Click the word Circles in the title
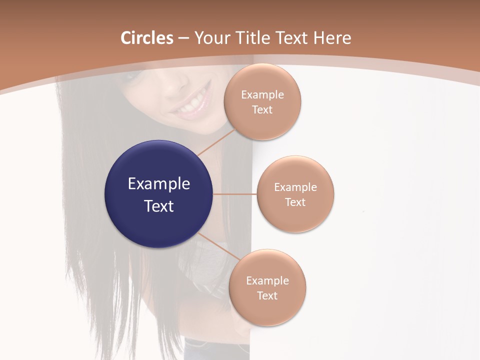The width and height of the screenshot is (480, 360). coord(146,38)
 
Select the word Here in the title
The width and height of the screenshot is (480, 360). coord(332,38)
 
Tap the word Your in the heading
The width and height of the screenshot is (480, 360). coord(212,38)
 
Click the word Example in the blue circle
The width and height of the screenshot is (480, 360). coord(159,184)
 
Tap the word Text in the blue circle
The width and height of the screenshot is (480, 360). coord(159,206)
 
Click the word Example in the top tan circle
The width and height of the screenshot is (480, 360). coord(262,94)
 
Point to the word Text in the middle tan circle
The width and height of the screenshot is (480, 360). coord(295,202)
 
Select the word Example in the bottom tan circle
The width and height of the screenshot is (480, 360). coord(267,280)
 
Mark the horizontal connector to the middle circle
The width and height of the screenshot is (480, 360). coord(234,194)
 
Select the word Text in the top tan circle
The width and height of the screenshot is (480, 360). coord(262,109)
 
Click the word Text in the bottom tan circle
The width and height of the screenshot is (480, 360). coord(267,295)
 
